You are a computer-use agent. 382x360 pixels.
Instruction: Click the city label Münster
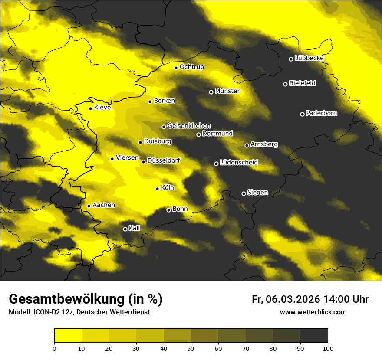coord(227,91)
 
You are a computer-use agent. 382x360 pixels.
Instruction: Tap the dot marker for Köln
coord(157,189)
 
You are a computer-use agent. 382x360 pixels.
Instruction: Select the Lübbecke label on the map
coord(309,58)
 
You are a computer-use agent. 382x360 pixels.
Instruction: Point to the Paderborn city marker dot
coord(302,114)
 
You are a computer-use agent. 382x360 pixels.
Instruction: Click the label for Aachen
coord(104,205)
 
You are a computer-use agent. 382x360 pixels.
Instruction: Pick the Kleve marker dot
coord(90,108)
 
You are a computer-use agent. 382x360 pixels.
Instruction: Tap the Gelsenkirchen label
coord(189,126)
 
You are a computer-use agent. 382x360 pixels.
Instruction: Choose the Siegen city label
coord(257,193)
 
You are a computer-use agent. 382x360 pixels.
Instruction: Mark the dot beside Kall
coord(125,229)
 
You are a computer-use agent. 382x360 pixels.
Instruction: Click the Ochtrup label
coord(191,67)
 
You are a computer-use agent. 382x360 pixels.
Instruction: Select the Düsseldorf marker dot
coord(143,162)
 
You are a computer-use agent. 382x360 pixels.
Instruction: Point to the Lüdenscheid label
coord(239,163)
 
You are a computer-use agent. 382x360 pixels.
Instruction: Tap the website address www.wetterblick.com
coord(313,312)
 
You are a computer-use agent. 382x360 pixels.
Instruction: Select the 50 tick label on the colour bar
coord(191,348)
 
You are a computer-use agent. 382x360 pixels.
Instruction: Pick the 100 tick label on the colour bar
coord(328,348)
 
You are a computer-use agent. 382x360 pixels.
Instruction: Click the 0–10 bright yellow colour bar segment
coord(68,336)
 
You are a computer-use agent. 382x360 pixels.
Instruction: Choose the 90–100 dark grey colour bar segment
coord(314,336)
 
